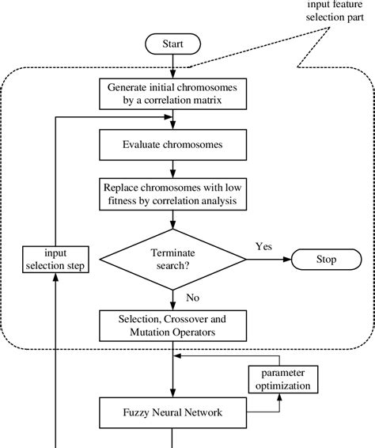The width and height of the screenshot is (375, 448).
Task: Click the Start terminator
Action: [x=171, y=44]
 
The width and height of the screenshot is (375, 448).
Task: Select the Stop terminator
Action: [x=326, y=259]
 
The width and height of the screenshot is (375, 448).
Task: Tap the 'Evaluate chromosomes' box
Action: [x=171, y=146]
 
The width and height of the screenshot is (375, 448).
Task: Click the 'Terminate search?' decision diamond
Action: [x=171, y=259]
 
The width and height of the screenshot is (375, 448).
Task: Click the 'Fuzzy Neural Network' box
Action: [x=171, y=412]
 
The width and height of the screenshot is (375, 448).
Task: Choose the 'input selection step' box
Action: [x=56, y=259]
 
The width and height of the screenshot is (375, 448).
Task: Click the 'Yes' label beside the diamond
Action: [x=263, y=246]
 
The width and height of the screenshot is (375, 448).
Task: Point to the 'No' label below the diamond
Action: [x=191, y=298]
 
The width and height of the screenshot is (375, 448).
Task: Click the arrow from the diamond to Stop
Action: [x=268, y=259]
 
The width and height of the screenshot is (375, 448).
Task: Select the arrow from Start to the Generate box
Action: [x=171, y=66]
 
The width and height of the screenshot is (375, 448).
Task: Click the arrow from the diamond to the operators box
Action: [x=171, y=298]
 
